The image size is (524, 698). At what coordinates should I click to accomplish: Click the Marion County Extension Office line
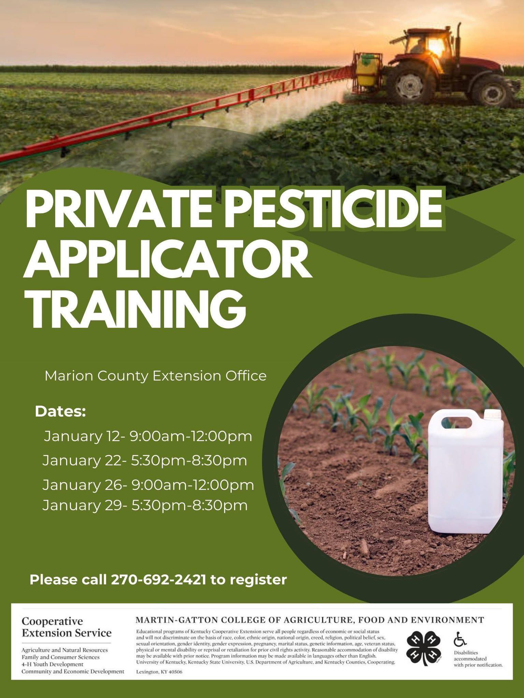(156, 376)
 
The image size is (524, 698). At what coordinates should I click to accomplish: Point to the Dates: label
(60, 411)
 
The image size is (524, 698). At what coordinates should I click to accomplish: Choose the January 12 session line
(148, 436)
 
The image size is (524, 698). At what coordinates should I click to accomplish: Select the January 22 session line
(145, 461)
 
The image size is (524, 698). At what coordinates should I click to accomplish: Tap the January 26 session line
(148, 485)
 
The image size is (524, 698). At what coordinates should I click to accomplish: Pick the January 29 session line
(145, 505)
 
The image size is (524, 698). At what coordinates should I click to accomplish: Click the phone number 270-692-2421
(159, 580)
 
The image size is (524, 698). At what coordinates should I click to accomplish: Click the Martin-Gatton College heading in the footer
(310, 619)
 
